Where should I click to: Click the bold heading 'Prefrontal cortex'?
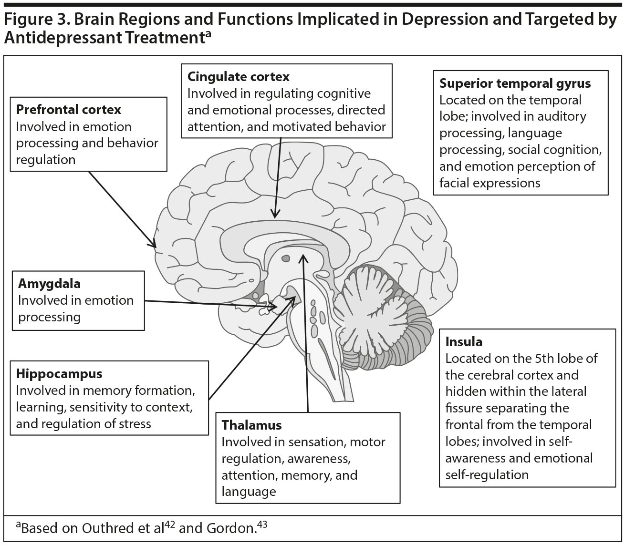[x=69, y=110]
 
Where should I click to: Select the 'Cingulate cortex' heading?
[x=238, y=77]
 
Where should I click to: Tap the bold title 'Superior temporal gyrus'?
[x=515, y=83]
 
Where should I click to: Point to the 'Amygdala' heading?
[x=49, y=284]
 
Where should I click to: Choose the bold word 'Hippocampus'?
[x=59, y=373]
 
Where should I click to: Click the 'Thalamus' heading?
[x=251, y=425]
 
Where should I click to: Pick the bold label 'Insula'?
[x=464, y=342]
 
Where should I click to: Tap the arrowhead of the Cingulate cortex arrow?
[x=274, y=216]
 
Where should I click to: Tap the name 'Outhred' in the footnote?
[x=105, y=528]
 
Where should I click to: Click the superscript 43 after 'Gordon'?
[x=262, y=524]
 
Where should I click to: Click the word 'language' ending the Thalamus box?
[x=249, y=492]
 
